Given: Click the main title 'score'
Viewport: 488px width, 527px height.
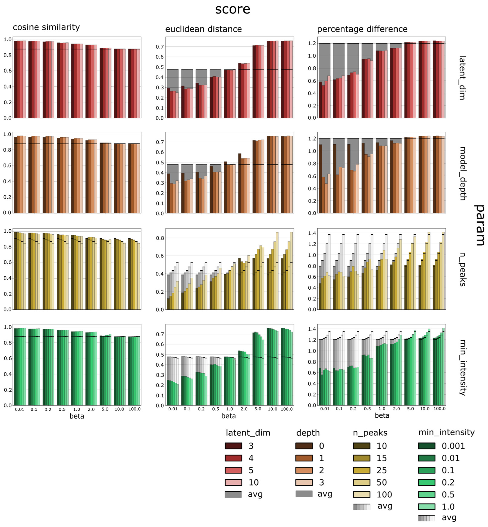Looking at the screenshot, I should tap(232, 9).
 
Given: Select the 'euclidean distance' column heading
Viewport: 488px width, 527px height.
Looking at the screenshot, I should tap(203, 29).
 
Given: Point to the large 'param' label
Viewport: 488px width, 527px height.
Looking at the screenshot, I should tap(479, 225).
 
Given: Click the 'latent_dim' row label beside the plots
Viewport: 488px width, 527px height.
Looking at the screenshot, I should tap(462, 78).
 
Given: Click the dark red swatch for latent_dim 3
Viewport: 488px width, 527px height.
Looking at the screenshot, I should tap(233, 446).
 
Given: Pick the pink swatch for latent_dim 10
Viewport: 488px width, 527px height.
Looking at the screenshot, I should tap(233, 482).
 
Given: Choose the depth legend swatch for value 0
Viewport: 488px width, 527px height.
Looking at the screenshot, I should tap(304, 446).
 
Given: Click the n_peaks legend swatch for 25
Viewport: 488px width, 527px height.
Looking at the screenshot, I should tap(361, 470).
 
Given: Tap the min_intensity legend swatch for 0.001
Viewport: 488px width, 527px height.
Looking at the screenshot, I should tap(426, 446).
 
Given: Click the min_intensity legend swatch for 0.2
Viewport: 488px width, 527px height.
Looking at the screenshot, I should tap(426, 482).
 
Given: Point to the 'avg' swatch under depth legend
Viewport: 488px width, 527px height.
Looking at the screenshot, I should tap(304, 494).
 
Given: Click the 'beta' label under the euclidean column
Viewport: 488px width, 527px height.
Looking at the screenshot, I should tap(228, 416).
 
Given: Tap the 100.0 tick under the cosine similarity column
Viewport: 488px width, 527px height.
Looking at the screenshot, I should tap(134, 409).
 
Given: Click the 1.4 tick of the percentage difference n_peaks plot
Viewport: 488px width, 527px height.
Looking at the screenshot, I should tap(312, 233).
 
